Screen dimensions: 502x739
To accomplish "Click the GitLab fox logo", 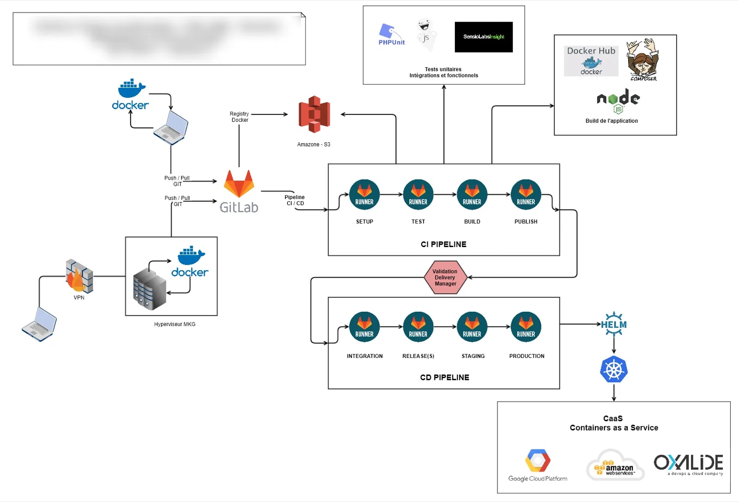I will pos(239,184).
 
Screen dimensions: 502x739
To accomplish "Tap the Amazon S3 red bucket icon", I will pos(315,114).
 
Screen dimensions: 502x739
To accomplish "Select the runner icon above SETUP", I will pos(364,194).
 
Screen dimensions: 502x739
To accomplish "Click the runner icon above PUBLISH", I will pos(526,194).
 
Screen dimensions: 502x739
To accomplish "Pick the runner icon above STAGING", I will pos(472,327).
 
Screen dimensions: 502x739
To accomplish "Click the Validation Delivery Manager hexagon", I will pos(445,278).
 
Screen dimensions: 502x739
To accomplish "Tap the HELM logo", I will pos(614,324).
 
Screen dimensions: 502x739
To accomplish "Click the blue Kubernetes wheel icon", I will pos(614,369).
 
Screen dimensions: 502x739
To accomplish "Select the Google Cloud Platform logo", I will pos(538,462).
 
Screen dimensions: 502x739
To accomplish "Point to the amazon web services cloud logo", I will pos(615,466).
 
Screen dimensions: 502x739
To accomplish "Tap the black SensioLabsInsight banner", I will pos(484,37).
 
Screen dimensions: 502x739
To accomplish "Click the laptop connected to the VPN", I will pos(39,324).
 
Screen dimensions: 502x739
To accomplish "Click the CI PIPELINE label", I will pos(443,244).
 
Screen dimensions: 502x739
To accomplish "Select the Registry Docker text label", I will pos(239,117).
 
